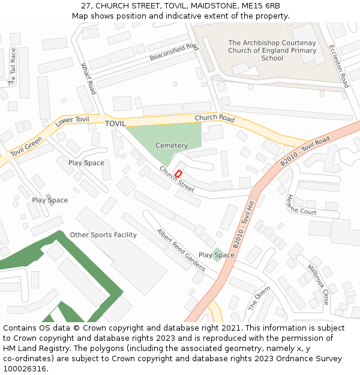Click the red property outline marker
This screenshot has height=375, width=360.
[178, 173]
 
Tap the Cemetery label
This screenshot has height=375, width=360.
[172, 146]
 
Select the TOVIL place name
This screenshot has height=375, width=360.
[115, 124]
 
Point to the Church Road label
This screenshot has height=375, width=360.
[214, 118]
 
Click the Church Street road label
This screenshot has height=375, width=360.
[176, 179]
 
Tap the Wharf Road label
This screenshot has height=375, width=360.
[88, 79]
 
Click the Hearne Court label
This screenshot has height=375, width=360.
[301, 205]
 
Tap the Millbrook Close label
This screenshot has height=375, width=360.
[318, 284]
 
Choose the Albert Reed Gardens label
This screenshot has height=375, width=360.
[181, 250]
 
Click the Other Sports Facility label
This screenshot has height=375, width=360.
[103, 235]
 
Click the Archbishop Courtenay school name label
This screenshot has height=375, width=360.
[272, 50]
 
